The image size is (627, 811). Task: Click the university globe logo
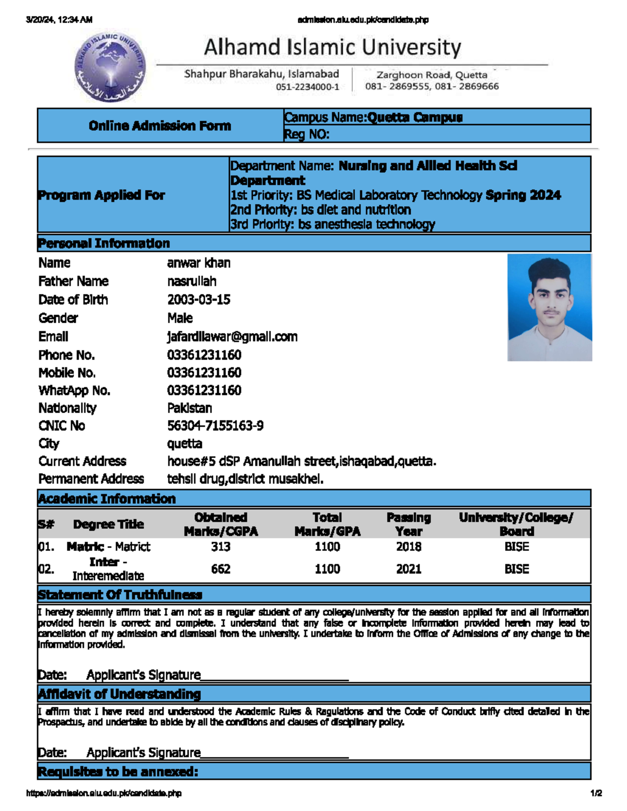(110, 66)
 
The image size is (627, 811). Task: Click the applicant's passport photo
(549, 307)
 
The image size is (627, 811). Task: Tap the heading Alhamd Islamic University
(332, 48)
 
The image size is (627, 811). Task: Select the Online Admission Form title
(159, 126)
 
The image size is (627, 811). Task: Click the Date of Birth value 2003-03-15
(199, 300)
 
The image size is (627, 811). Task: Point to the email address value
(232, 337)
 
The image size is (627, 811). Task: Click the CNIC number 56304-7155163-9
(215, 426)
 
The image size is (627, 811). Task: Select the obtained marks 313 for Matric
(220, 547)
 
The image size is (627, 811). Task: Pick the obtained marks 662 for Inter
(220, 569)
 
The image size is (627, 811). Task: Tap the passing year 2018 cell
(409, 547)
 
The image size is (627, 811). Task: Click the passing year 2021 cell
(409, 569)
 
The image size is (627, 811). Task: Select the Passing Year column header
(409, 524)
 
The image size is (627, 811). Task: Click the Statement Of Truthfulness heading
(120, 595)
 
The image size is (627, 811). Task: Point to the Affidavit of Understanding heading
(119, 694)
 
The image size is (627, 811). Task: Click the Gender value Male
(180, 318)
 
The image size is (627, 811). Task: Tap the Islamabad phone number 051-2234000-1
(307, 87)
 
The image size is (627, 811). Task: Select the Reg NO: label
(307, 135)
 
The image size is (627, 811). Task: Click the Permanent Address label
(91, 479)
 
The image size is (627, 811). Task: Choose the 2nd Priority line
(320, 210)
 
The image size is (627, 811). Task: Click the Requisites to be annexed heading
(118, 772)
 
